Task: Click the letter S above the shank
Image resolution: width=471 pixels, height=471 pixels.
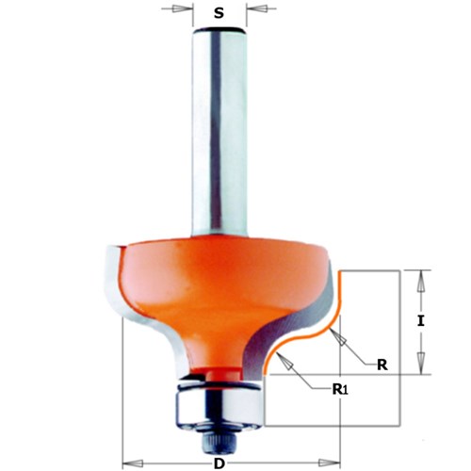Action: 219,15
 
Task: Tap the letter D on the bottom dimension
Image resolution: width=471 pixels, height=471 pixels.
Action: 218,462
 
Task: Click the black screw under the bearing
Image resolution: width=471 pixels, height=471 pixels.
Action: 219,437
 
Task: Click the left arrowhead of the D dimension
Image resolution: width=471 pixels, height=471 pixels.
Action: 130,462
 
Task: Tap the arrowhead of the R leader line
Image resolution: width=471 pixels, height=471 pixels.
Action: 327,318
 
